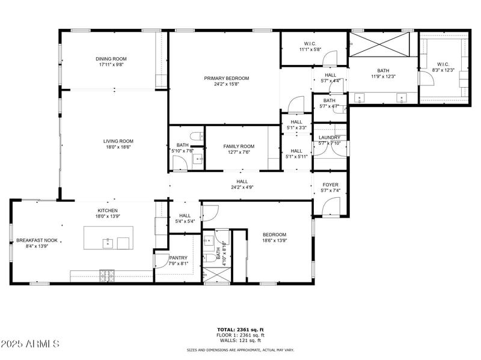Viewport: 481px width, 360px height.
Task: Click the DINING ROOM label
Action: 111,59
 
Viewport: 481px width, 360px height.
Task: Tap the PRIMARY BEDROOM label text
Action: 226,78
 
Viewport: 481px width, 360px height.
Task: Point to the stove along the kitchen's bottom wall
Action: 107,276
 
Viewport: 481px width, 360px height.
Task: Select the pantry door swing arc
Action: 161,260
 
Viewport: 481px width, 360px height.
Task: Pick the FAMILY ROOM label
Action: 239,146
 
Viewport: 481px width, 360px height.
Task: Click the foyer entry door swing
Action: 331,207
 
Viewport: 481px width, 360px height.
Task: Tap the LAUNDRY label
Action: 329,138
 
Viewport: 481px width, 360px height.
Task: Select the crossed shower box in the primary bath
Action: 380,45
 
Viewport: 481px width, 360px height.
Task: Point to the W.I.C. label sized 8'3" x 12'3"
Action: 443,64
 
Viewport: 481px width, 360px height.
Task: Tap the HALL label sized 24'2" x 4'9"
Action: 242,181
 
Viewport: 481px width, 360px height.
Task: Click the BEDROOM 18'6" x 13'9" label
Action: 274,234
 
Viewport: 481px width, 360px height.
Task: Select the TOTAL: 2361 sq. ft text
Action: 240,329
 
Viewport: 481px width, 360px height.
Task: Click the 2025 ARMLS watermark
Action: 30,344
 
